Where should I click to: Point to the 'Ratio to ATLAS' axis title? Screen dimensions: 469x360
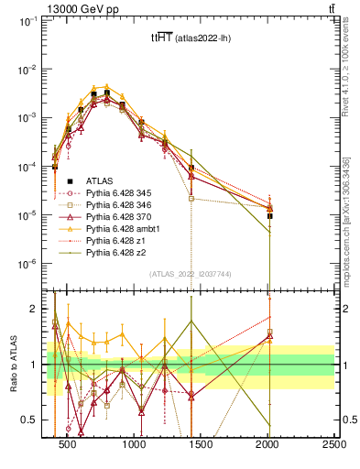tap(13, 366)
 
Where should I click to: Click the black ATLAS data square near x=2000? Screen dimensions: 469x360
tap(269, 216)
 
